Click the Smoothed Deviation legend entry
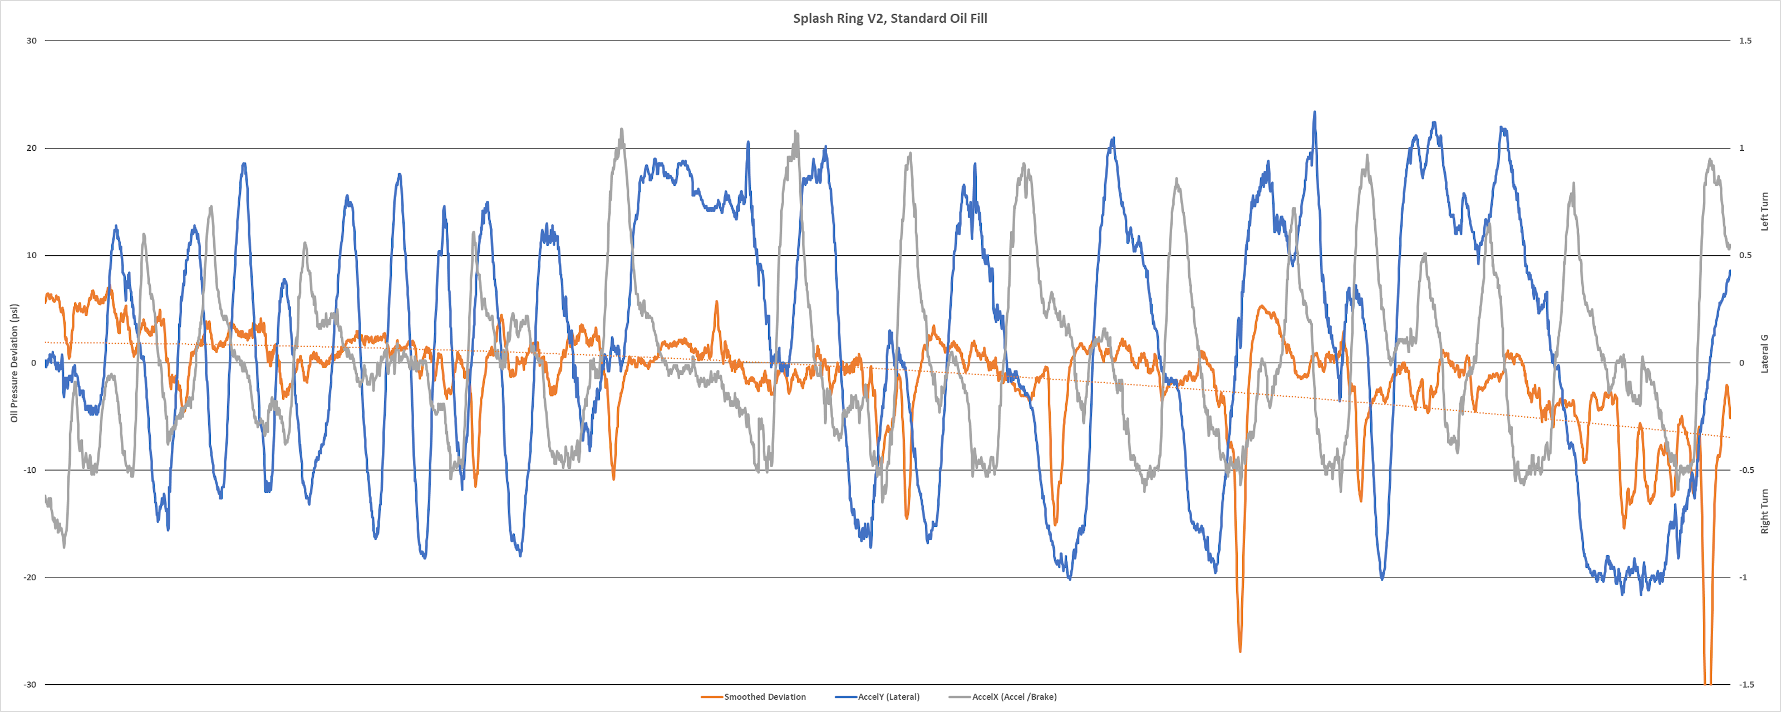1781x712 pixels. tap(764, 697)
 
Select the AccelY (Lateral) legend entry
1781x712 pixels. tap(888, 697)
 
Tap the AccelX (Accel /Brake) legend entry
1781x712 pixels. tap(1014, 697)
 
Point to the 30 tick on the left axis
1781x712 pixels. tap(32, 41)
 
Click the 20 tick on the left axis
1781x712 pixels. tap(32, 148)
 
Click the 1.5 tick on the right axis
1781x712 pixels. tap(1746, 41)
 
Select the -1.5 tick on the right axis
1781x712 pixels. tap(1747, 684)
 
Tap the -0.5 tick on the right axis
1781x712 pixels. tap(1747, 470)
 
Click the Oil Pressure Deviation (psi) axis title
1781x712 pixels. tap(14, 363)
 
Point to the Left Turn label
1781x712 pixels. tap(1764, 211)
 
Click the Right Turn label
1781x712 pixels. tap(1764, 512)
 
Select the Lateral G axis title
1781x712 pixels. tap(1764, 354)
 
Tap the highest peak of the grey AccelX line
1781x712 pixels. tap(622, 129)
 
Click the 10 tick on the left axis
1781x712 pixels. tap(32, 255)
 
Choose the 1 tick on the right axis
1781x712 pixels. tap(1742, 148)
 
